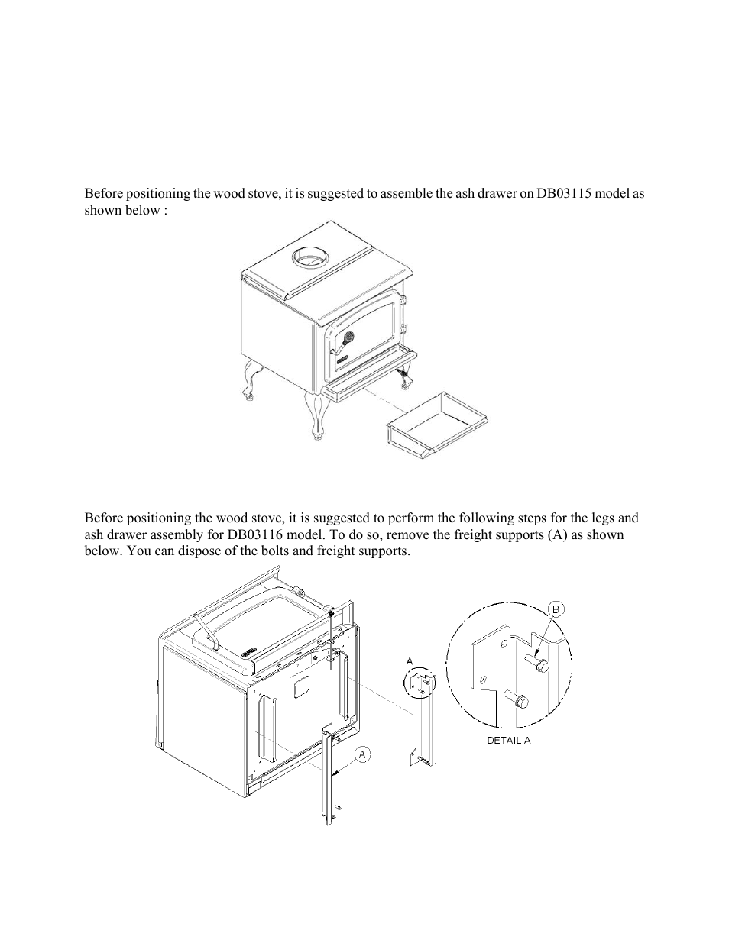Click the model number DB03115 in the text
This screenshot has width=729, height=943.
coord(552,194)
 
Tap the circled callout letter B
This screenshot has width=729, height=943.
coord(556,609)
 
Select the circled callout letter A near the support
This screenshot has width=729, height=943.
coord(363,754)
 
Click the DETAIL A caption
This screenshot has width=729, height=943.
coord(508,740)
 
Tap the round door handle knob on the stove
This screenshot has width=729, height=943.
coord(348,336)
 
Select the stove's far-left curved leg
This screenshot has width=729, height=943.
coord(248,379)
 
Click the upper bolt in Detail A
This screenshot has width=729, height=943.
coord(539,667)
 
